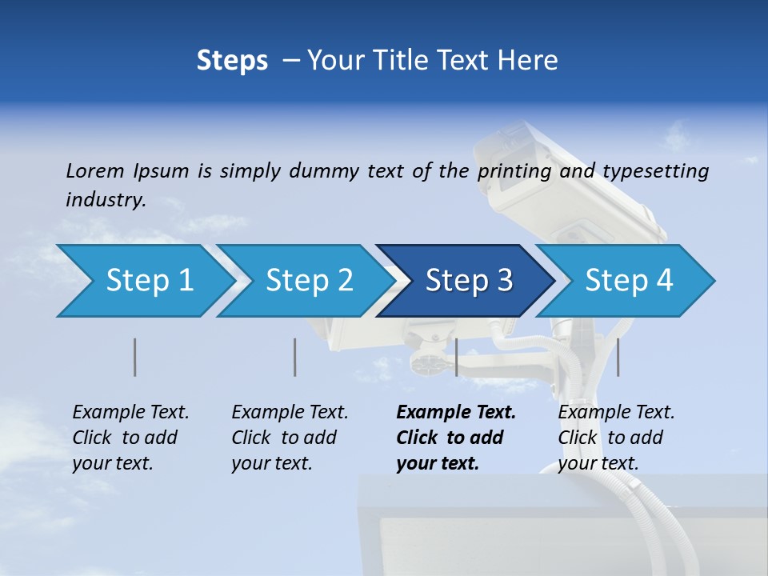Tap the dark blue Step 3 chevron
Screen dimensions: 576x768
tap(464, 281)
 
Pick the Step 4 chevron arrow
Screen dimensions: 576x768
tap(626, 281)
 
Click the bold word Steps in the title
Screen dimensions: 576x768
tap(232, 60)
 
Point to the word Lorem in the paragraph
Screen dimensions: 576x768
tap(94, 170)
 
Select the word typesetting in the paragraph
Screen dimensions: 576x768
tap(655, 170)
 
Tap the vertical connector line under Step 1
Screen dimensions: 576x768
tap(135, 357)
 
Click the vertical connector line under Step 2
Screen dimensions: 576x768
tap(295, 357)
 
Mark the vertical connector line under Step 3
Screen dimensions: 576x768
tap(456, 357)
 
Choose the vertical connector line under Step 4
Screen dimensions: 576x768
tap(618, 357)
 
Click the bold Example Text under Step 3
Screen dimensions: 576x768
tap(456, 412)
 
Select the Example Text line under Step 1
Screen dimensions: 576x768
tap(130, 412)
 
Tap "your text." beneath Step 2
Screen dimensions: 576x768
tap(271, 463)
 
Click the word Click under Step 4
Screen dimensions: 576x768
tap(578, 438)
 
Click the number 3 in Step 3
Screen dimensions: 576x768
tap(504, 281)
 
